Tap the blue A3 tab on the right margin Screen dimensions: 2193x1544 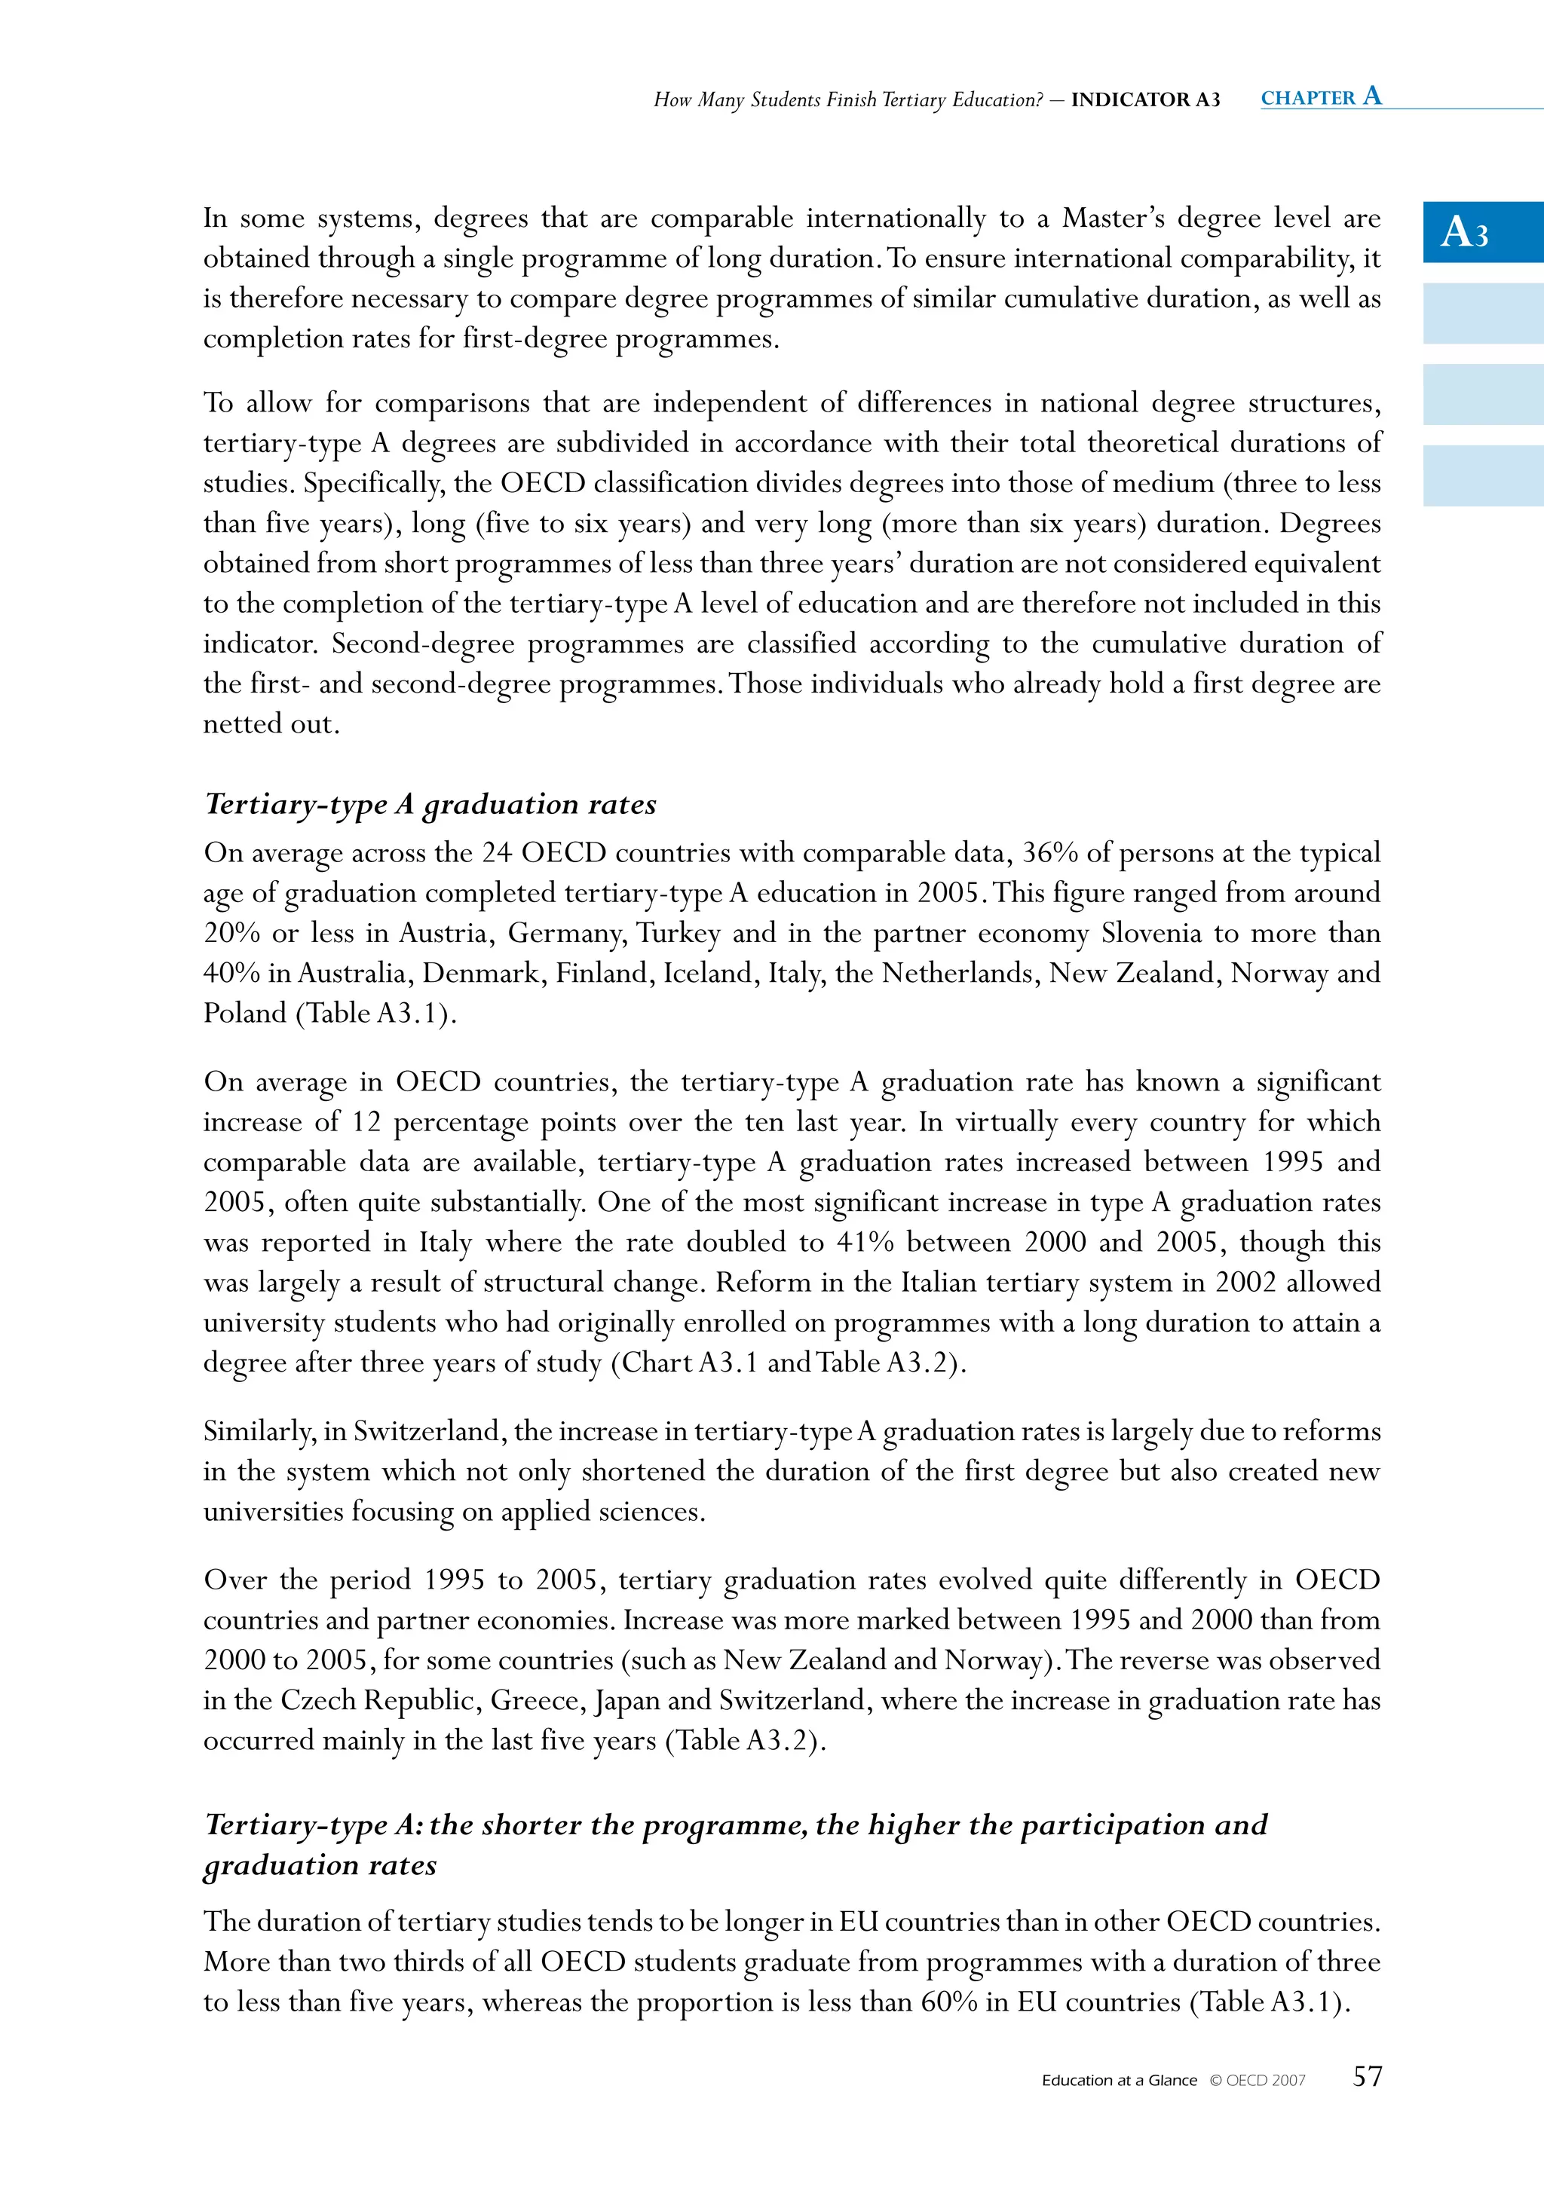1483,232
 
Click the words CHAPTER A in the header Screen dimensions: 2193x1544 1320,96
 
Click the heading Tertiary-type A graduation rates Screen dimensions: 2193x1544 430,804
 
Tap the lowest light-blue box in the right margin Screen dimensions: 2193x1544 1483,476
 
